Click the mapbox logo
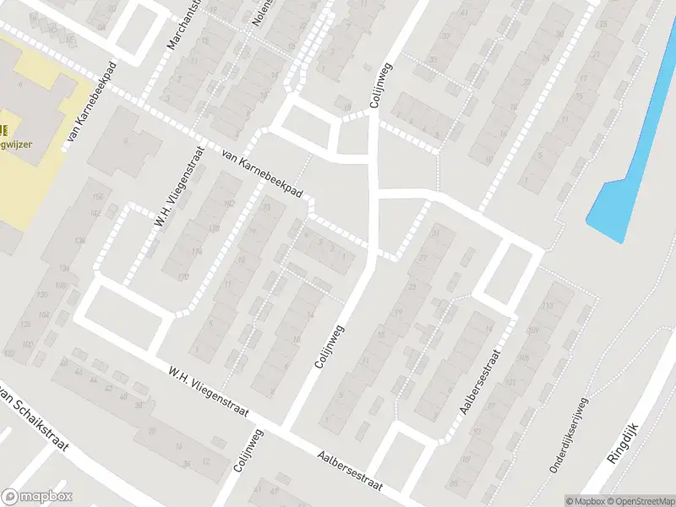tap(37, 497)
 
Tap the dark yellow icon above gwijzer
tap(4, 129)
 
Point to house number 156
tap(97, 197)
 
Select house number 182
tap(228, 204)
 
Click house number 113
tap(548, 306)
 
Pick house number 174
tap(197, 252)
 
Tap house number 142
tap(95, 214)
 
